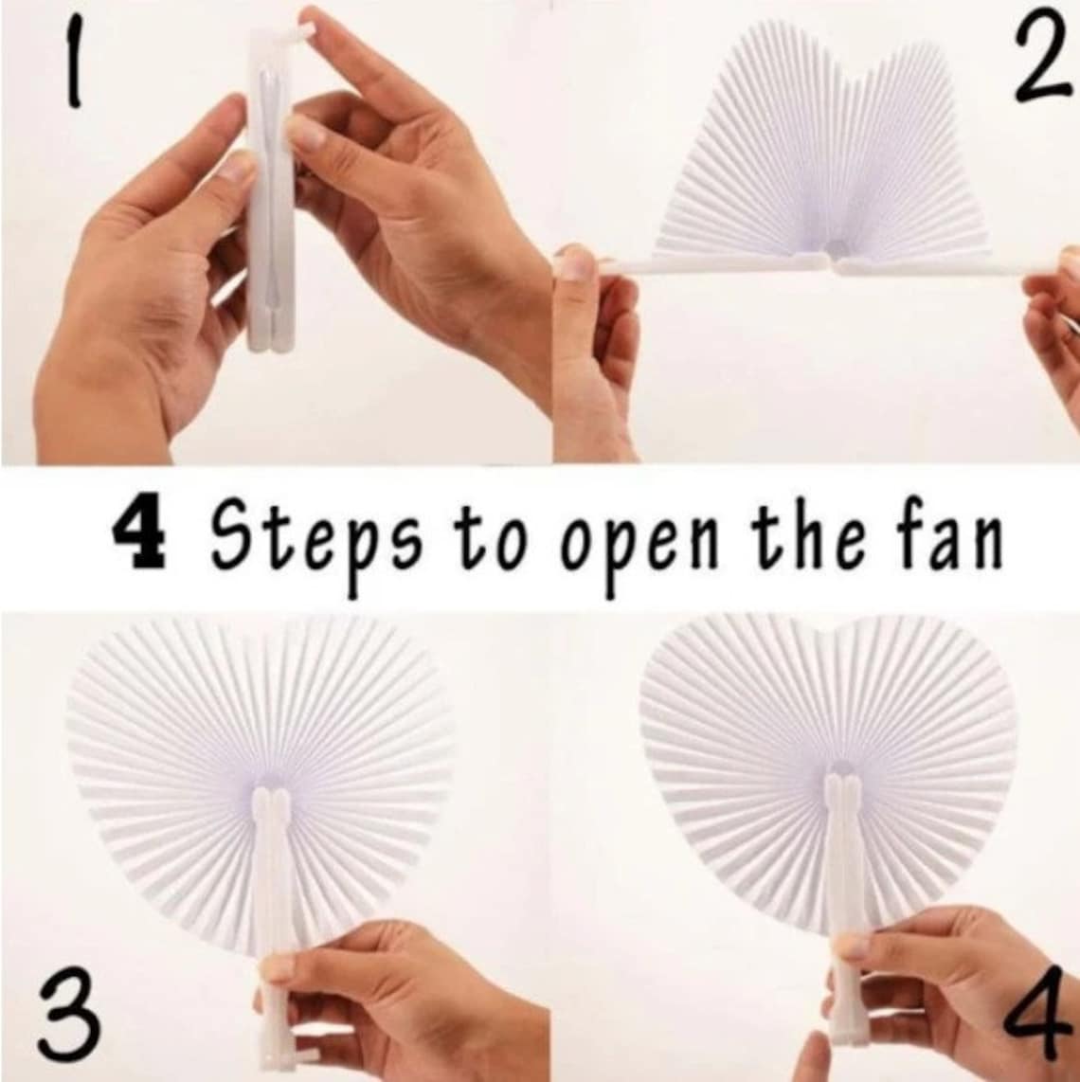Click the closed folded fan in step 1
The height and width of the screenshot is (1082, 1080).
point(270,189)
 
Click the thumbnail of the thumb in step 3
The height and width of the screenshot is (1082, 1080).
point(278,966)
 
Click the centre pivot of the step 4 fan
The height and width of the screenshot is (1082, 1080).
point(838,769)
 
